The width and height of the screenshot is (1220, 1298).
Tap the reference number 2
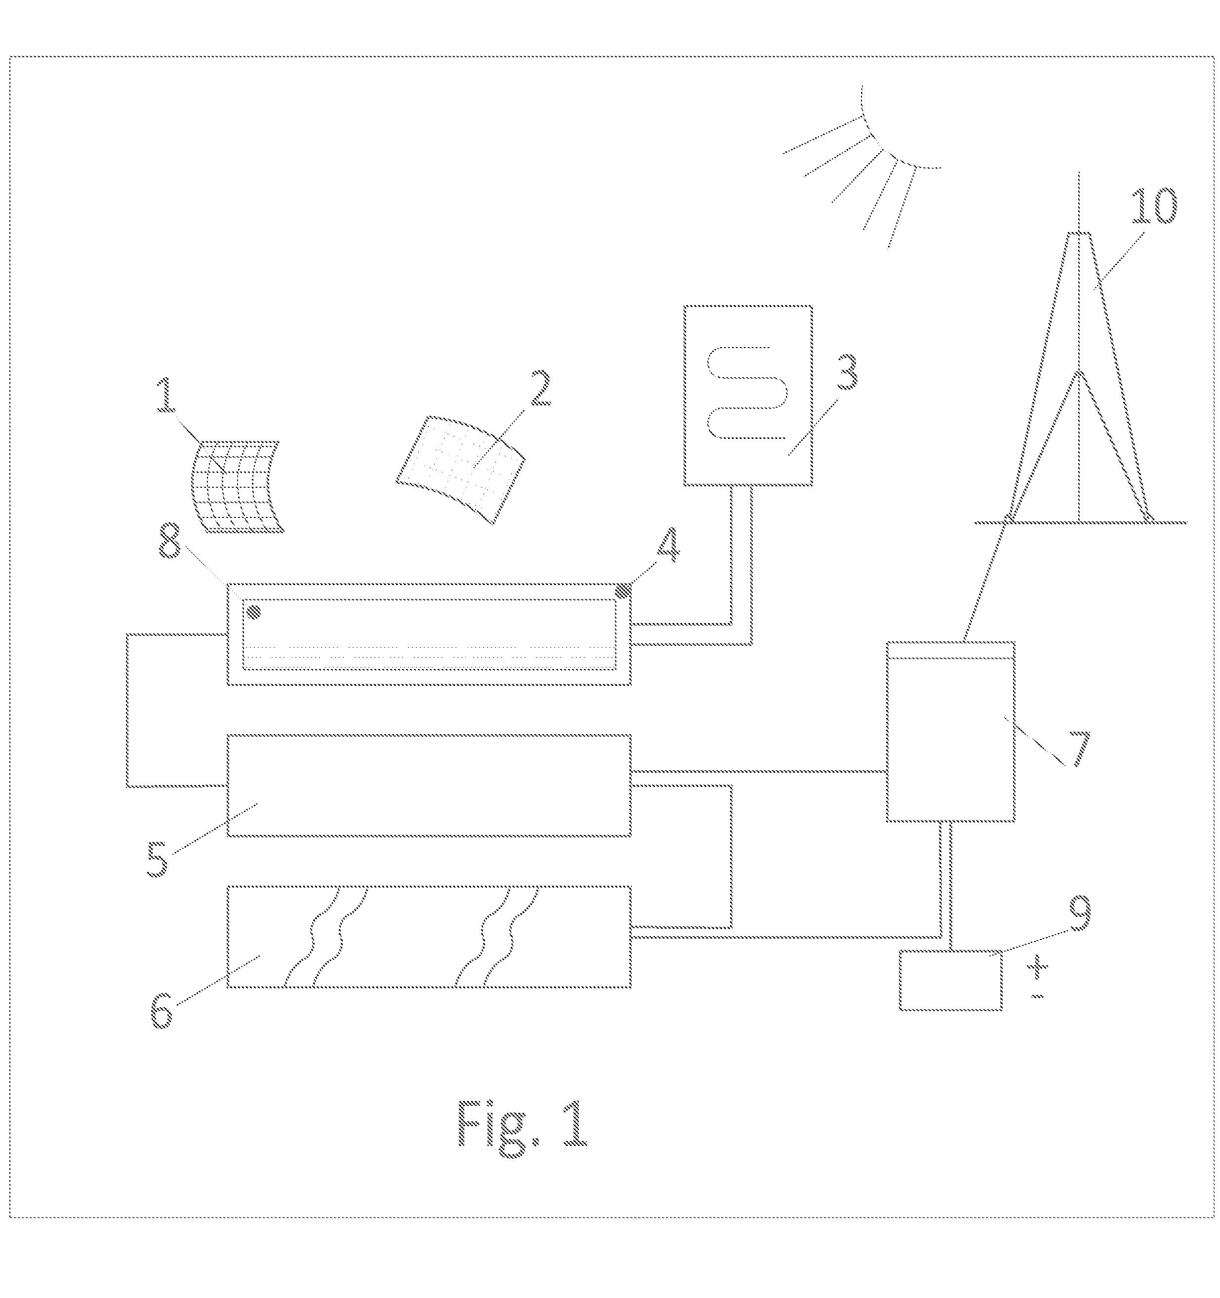[x=539, y=389]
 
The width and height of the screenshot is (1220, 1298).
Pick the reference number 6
[x=162, y=1011]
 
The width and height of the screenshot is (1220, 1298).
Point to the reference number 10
[x=1154, y=206]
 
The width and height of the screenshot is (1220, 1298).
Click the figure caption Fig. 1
[x=522, y=1124]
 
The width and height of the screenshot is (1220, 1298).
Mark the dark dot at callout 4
[x=624, y=590]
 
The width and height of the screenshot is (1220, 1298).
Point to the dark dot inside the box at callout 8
[x=254, y=612]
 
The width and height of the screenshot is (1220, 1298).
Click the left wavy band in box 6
[x=326, y=936]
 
